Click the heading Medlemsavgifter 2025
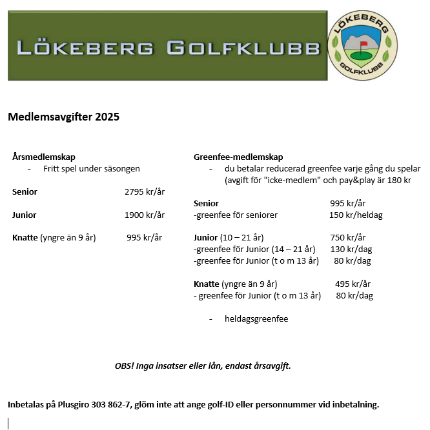coord(63,117)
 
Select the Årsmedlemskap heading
coord(44,157)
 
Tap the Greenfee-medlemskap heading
coord(238,157)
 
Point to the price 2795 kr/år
coord(145,192)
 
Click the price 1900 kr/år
coord(145,215)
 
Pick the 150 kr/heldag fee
coord(356,215)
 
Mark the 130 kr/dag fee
coord(351,249)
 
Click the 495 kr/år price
coord(353,284)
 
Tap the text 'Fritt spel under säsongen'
coord(92,169)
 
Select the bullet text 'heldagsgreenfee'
coord(256,319)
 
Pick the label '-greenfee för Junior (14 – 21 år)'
coord(254,249)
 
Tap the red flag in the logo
coord(363,44)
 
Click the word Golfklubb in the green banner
coord(243,48)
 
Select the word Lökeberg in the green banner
coord(85,48)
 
